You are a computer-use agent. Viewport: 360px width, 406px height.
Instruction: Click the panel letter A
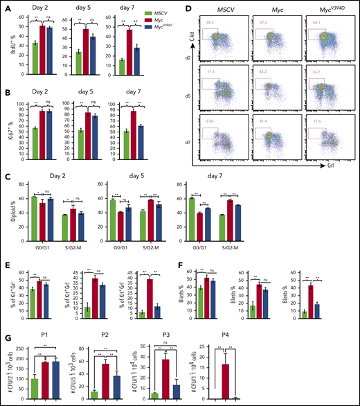point(5,6)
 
